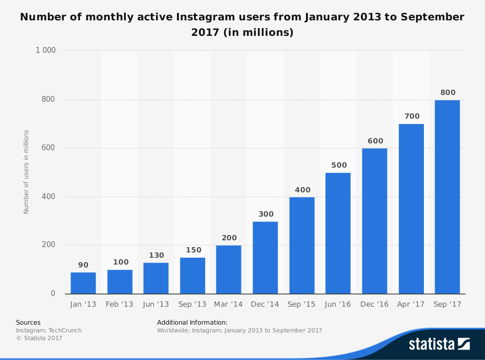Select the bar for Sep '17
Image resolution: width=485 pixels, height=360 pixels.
tap(447, 197)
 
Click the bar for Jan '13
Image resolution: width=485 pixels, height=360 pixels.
tap(83, 283)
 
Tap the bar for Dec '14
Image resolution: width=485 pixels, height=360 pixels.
tap(265, 257)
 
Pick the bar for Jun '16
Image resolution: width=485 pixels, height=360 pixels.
tap(338, 233)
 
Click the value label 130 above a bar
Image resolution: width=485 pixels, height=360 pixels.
tap(156, 255)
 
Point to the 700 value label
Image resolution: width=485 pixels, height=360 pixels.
tap(411, 116)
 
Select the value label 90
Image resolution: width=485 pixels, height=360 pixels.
tap(83, 265)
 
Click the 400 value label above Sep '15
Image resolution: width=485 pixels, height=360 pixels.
tap(302, 190)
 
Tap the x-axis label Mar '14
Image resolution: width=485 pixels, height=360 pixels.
tap(228, 304)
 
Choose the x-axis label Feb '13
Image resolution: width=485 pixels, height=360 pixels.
tap(120, 304)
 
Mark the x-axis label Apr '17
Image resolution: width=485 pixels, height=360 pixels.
tap(411, 304)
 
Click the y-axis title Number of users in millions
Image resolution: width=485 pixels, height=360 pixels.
tap(26, 172)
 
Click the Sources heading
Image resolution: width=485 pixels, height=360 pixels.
tap(28, 322)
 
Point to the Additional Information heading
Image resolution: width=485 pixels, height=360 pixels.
tap(192, 322)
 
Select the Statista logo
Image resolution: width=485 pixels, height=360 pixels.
tap(439, 344)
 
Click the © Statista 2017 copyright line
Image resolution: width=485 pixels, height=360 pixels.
tap(39, 338)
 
